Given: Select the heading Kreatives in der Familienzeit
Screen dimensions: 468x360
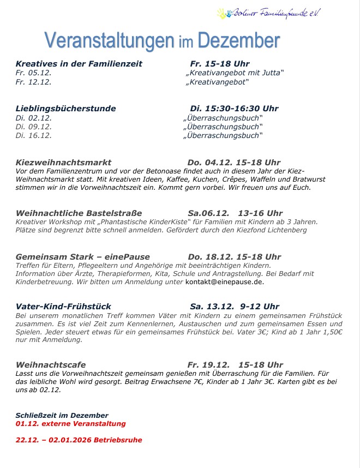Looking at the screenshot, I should [79, 64].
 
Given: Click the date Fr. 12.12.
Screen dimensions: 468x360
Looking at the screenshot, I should [34, 82].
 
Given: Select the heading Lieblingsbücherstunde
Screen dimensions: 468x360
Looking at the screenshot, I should [66, 109].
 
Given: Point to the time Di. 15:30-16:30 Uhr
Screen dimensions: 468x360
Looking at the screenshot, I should [234, 109].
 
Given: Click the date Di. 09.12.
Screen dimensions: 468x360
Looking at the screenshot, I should [34, 127].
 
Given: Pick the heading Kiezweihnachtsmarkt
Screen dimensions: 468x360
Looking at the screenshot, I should [64, 163].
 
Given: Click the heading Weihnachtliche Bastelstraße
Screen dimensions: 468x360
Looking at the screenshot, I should [79, 213].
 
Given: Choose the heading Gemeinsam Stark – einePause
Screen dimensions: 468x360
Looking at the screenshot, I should [83, 256].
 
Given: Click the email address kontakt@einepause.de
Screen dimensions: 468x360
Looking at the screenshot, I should [225, 282].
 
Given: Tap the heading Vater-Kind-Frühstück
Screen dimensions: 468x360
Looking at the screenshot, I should [64, 307].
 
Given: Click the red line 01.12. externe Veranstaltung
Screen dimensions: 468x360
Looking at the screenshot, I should [71, 423].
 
